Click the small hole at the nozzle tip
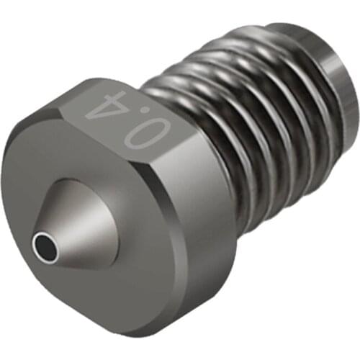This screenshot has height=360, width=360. tap(45, 247)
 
